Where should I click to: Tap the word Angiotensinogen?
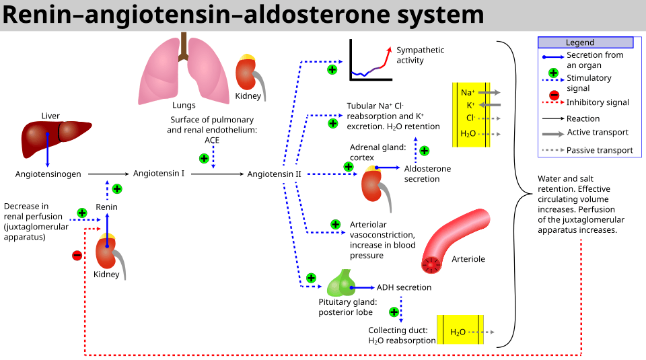click(x=48, y=174)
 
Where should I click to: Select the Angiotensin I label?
click(x=159, y=174)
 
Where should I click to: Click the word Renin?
click(x=107, y=207)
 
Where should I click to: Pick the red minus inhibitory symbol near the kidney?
click(x=77, y=255)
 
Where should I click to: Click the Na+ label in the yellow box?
click(x=468, y=92)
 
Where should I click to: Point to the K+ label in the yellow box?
click(x=470, y=105)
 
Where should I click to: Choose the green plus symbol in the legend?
click(x=553, y=73)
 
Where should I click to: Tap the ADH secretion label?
click(x=404, y=287)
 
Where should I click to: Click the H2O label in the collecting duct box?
click(x=458, y=332)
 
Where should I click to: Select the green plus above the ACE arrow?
click(x=204, y=159)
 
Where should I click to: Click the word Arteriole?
click(x=468, y=259)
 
